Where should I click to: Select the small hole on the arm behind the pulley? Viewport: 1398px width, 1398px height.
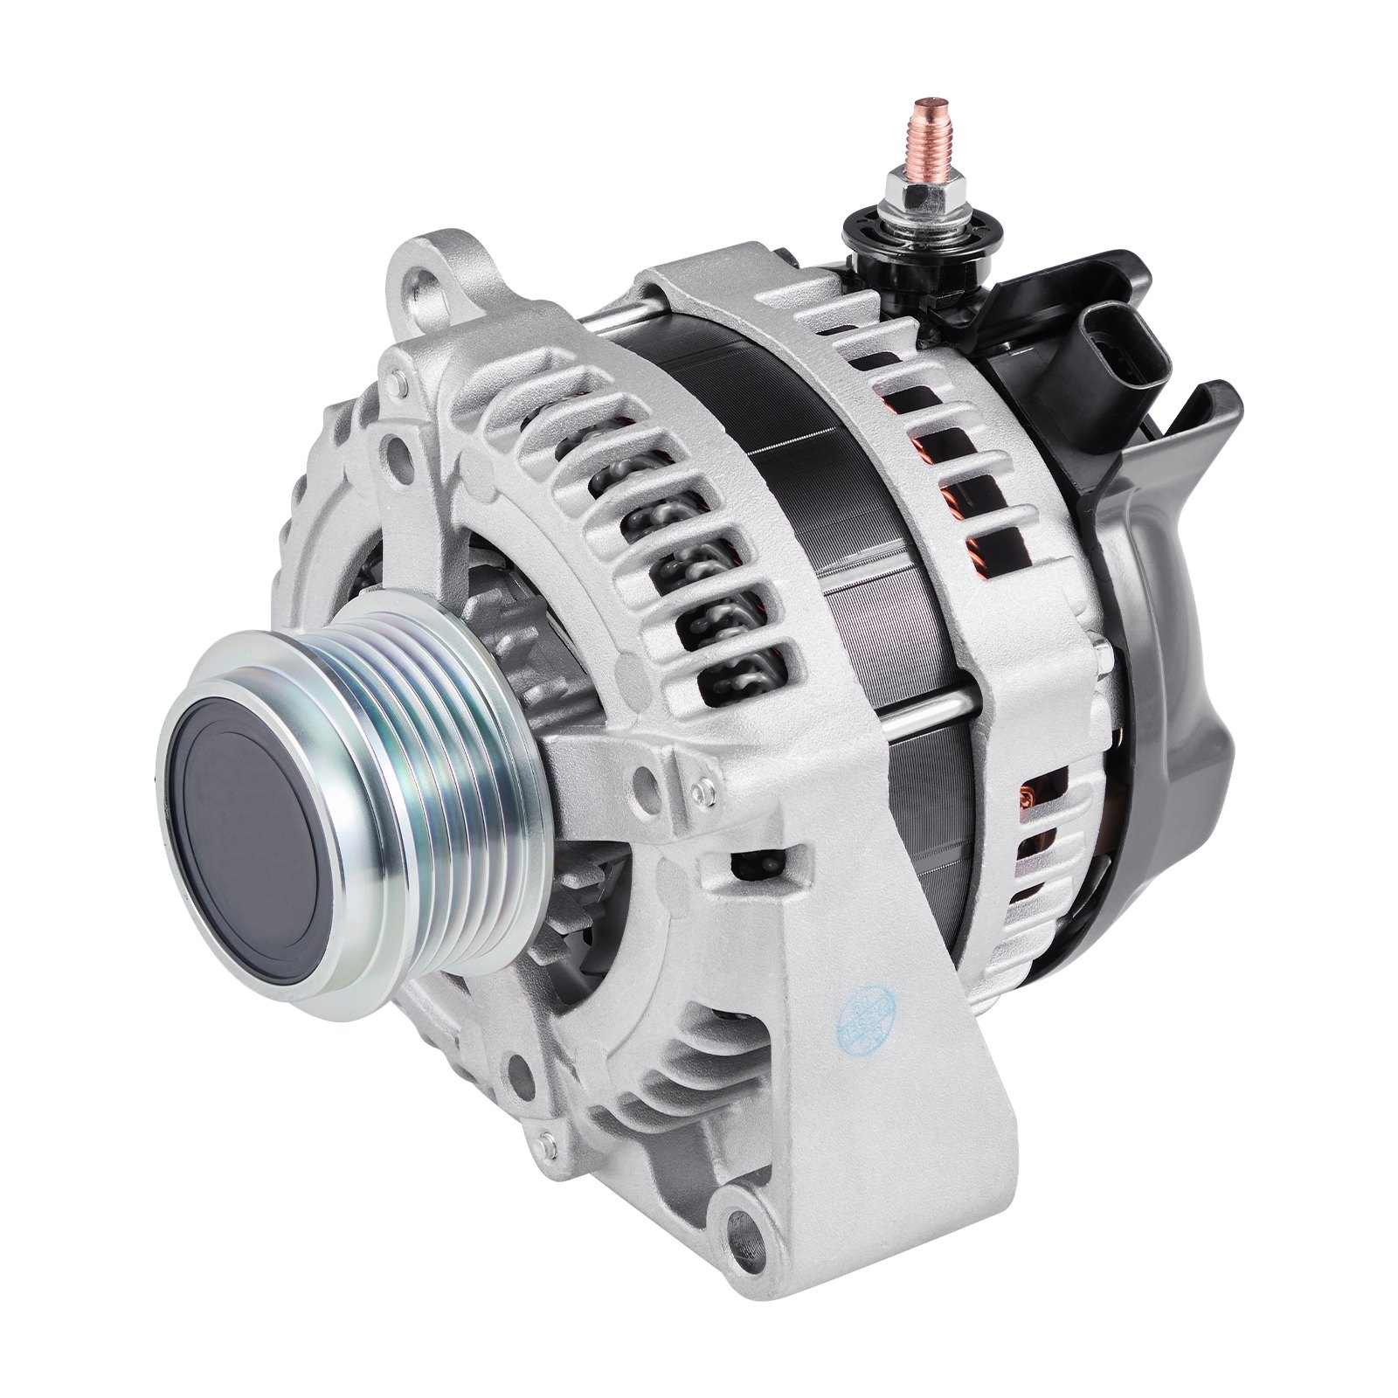click(x=646, y=774)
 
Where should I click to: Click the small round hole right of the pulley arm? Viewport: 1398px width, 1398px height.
click(x=699, y=791)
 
